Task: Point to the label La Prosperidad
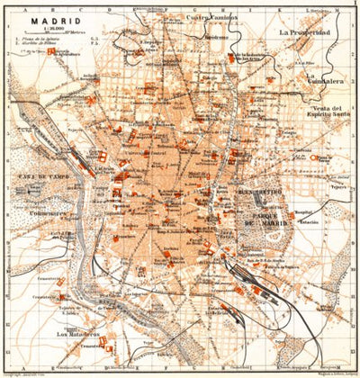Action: tap(305, 32)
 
